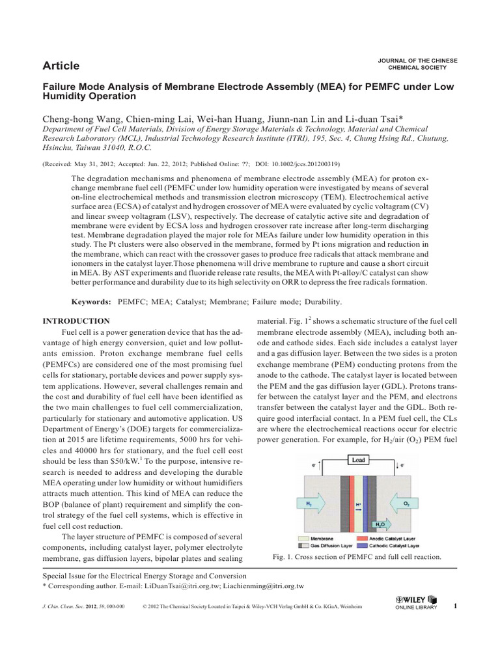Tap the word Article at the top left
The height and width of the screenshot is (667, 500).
(x=61, y=65)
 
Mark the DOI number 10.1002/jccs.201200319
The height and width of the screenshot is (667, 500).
(x=301, y=164)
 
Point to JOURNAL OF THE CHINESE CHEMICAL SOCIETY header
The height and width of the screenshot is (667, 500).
(x=417, y=64)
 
